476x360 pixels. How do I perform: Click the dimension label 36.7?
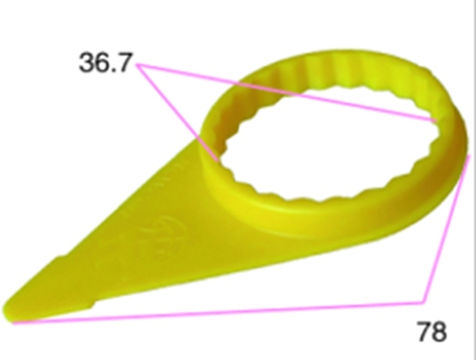coord(105,62)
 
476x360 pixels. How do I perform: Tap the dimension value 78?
coord(432,332)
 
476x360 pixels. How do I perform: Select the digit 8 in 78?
coord(439,332)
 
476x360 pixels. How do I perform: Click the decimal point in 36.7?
coord(114,70)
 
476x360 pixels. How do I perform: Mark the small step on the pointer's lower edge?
coord(91,305)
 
